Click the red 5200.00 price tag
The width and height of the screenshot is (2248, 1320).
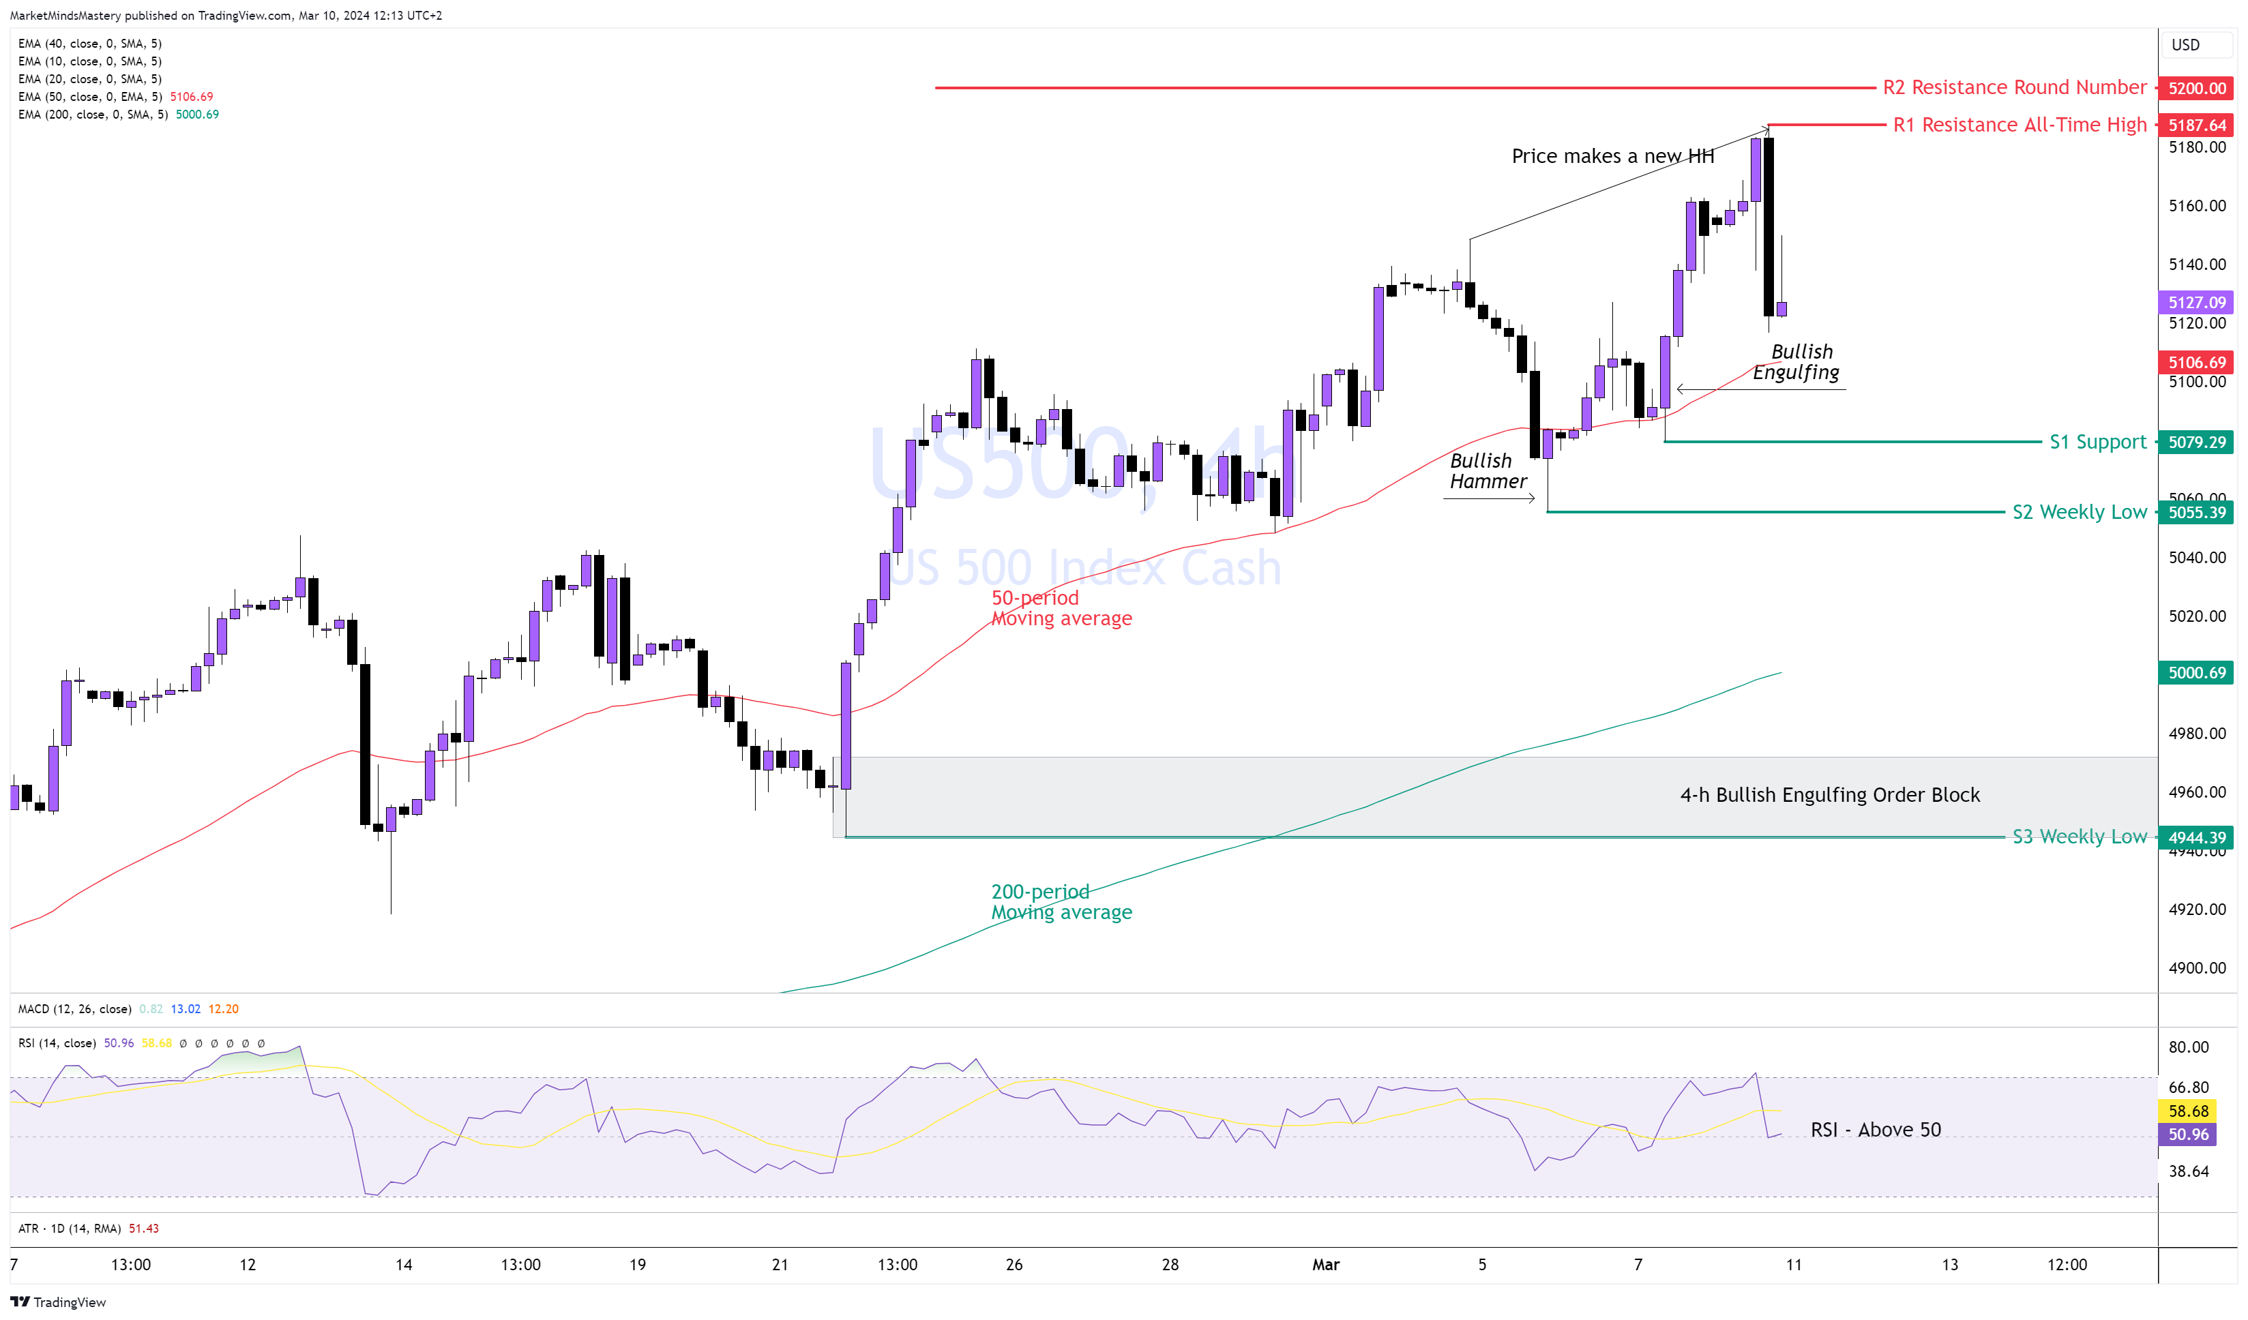click(x=2195, y=89)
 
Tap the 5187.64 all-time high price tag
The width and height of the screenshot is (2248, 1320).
click(x=2195, y=125)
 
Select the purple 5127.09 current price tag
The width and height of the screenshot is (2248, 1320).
click(x=2195, y=302)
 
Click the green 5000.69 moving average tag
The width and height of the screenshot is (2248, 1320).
click(x=2195, y=672)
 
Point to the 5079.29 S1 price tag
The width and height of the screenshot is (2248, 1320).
click(x=2195, y=442)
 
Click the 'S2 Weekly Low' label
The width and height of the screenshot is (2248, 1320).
click(x=2078, y=512)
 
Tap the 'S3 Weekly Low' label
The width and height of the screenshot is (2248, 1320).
click(x=2078, y=837)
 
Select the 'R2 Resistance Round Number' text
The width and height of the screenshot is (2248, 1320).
click(x=2013, y=87)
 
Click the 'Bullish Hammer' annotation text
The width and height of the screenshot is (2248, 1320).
click(x=1488, y=471)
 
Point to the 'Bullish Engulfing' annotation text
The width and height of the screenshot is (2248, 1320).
click(x=1796, y=362)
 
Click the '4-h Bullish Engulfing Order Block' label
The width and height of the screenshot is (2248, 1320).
click(x=1830, y=795)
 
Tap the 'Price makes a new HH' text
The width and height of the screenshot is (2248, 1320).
click(x=1612, y=156)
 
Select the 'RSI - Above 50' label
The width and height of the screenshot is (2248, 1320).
click(x=1875, y=1130)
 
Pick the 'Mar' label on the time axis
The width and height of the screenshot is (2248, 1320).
click(x=1326, y=1265)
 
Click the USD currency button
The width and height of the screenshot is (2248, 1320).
click(x=2185, y=44)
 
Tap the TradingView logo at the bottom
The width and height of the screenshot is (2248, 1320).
click(x=58, y=1302)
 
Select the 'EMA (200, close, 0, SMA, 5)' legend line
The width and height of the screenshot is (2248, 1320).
click(x=93, y=114)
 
